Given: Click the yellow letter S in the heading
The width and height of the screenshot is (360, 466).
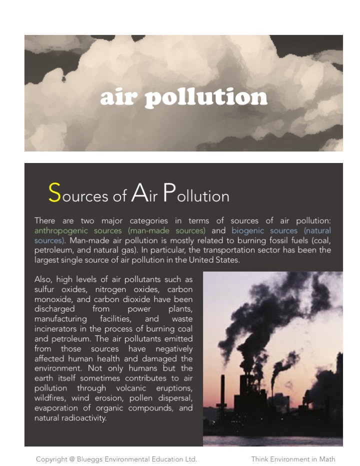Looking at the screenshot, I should pos(54,192).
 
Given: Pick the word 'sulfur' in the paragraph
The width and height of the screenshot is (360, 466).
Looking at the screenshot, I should pos(45,289).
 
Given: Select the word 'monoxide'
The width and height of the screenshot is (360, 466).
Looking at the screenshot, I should pos(52,299).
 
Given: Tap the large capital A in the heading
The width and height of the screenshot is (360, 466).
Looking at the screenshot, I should pos(138,194).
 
